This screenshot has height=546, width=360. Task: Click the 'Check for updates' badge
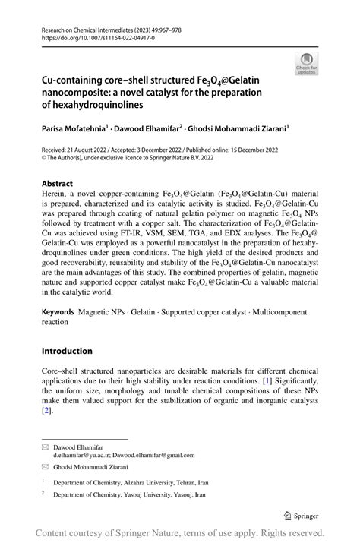(306, 63)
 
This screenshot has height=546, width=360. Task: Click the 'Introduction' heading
(67, 351)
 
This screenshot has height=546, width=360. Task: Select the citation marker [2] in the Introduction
(46, 409)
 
